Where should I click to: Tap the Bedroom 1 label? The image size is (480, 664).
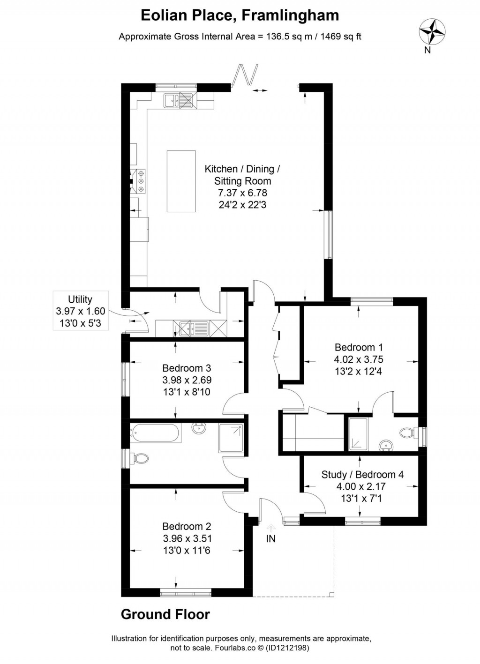click(x=359, y=348)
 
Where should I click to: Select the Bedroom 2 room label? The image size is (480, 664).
click(x=187, y=527)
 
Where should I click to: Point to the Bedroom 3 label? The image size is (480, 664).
click(x=187, y=368)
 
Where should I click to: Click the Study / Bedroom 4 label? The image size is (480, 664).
click(x=362, y=475)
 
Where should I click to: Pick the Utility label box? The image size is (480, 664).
click(x=80, y=311)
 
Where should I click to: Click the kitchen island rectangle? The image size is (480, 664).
click(x=181, y=181)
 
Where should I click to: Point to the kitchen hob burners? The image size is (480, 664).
click(x=140, y=181)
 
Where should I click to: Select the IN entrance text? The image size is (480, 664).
click(x=271, y=539)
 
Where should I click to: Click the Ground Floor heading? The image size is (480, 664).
click(x=165, y=614)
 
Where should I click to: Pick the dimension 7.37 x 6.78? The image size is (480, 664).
click(x=242, y=193)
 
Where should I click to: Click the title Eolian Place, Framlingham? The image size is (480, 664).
click(x=240, y=15)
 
